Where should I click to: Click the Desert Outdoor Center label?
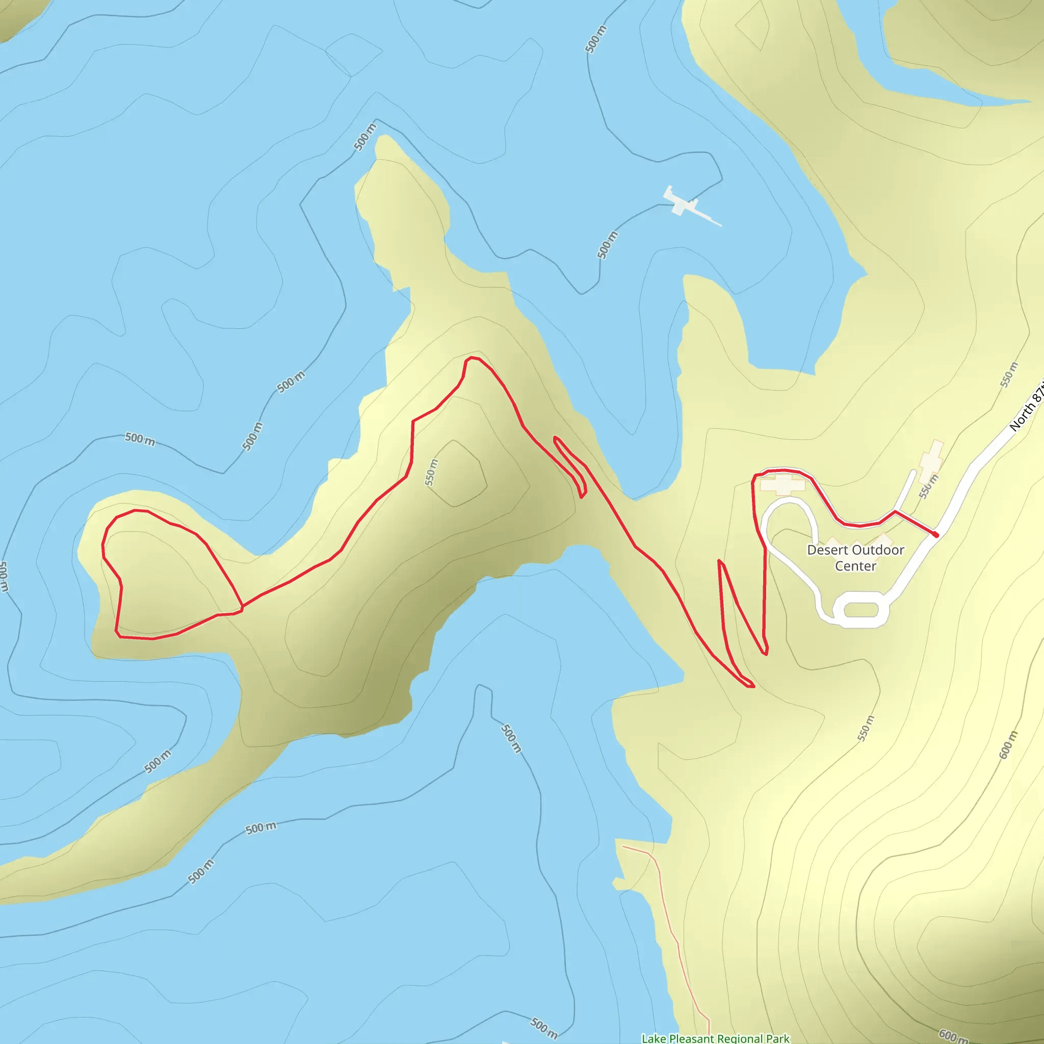(855, 558)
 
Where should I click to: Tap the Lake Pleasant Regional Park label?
(715, 1038)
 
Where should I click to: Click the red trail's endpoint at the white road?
(935, 535)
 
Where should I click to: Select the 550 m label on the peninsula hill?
(431, 472)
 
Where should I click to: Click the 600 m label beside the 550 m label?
(1008, 744)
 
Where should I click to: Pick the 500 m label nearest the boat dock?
(607, 245)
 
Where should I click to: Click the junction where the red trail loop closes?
(242, 607)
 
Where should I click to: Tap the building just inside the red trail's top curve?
(782, 485)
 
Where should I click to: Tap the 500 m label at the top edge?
(595, 39)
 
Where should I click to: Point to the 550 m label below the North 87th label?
(1008, 375)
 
